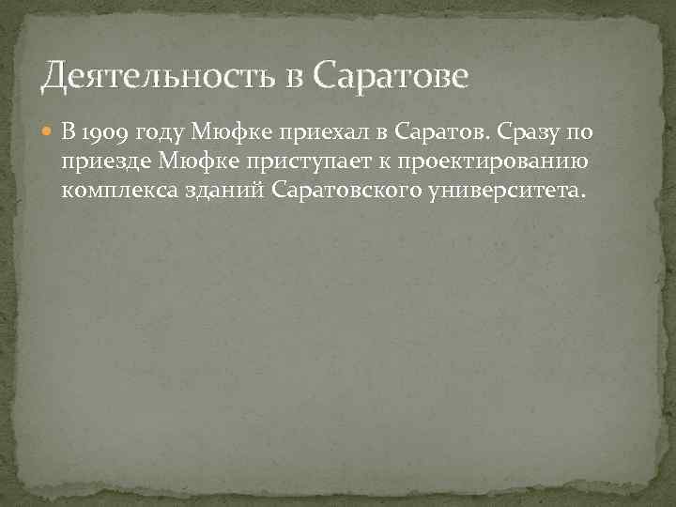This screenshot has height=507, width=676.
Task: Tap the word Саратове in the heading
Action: pos(389,76)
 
